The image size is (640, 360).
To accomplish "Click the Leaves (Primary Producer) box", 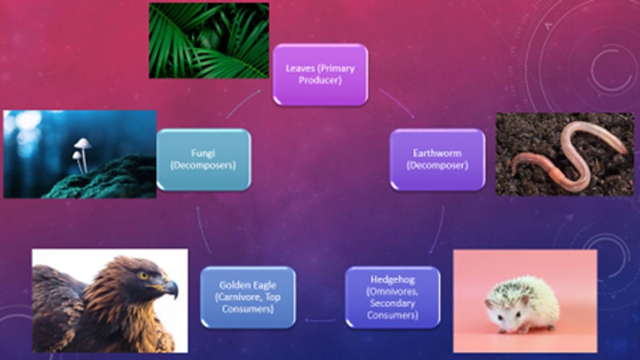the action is pyautogui.click(x=321, y=75).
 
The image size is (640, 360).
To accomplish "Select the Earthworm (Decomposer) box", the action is pyautogui.click(x=437, y=159).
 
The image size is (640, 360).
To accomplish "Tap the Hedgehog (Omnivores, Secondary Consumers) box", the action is pyautogui.click(x=393, y=298).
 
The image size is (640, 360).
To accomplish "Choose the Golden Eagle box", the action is pyautogui.click(x=248, y=298).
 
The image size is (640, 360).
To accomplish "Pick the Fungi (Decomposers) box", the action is pyautogui.click(x=204, y=159).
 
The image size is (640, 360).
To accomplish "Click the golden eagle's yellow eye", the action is pyautogui.click(x=143, y=275).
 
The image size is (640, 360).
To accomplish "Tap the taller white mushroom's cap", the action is pyautogui.click(x=83, y=143).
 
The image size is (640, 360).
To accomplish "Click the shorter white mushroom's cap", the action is pyautogui.click(x=77, y=155).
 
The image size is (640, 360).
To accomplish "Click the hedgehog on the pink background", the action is pyautogui.click(x=522, y=305).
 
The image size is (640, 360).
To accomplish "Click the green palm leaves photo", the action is pyautogui.click(x=209, y=41).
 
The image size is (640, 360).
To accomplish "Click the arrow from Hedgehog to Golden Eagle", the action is pyautogui.click(x=321, y=321).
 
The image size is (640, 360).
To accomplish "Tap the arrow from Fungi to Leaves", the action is pyautogui.click(x=242, y=102).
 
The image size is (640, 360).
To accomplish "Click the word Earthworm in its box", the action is pyautogui.click(x=437, y=153).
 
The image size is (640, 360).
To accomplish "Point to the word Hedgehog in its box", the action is pyautogui.click(x=393, y=279).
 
